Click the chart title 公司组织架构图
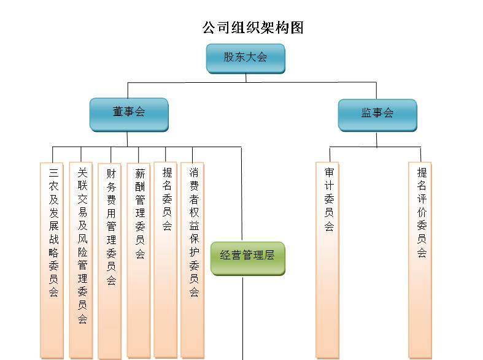point(253,28)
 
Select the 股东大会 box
point(245,58)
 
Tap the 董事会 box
point(129,115)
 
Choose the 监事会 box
point(377,115)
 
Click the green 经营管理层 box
point(248,258)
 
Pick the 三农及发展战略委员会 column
point(52,261)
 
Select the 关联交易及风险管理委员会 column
point(81,260)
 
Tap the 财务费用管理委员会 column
point(109,261)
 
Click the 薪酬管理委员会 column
point(139,261)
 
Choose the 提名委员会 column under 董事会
point(166,260)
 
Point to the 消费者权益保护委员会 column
point(192,260)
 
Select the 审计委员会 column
point(328,260)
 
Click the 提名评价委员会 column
point(420,260)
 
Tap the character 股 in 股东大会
point(229,57)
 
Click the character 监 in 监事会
point(366,113)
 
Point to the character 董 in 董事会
point(118,112)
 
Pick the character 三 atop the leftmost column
point(53,172)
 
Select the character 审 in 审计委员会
point(330,172)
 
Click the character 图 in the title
point(297,28)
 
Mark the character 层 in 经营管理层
point(269,255)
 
